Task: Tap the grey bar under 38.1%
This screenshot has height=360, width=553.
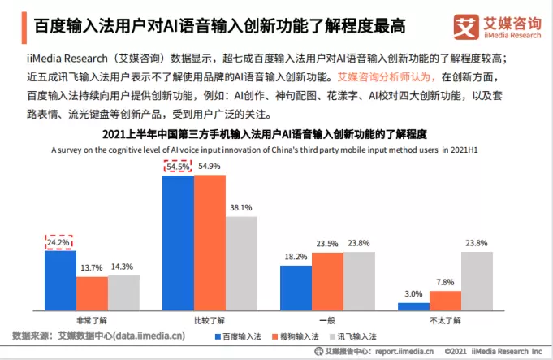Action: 241,262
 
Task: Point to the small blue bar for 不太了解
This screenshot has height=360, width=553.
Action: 413,306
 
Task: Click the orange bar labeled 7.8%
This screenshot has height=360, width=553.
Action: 445,300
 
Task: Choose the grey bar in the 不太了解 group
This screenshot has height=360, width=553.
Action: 477,280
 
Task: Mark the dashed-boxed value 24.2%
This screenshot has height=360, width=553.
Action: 60,241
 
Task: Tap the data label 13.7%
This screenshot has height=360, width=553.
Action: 92,267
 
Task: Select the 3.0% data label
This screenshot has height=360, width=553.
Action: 413,294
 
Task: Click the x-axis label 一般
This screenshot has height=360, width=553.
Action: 327,320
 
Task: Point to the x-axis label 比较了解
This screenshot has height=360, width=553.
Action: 210,320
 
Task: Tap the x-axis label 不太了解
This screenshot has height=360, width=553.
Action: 445,320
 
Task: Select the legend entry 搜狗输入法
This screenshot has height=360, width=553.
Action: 311,336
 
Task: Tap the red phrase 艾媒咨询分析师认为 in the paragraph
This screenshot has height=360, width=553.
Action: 387,77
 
